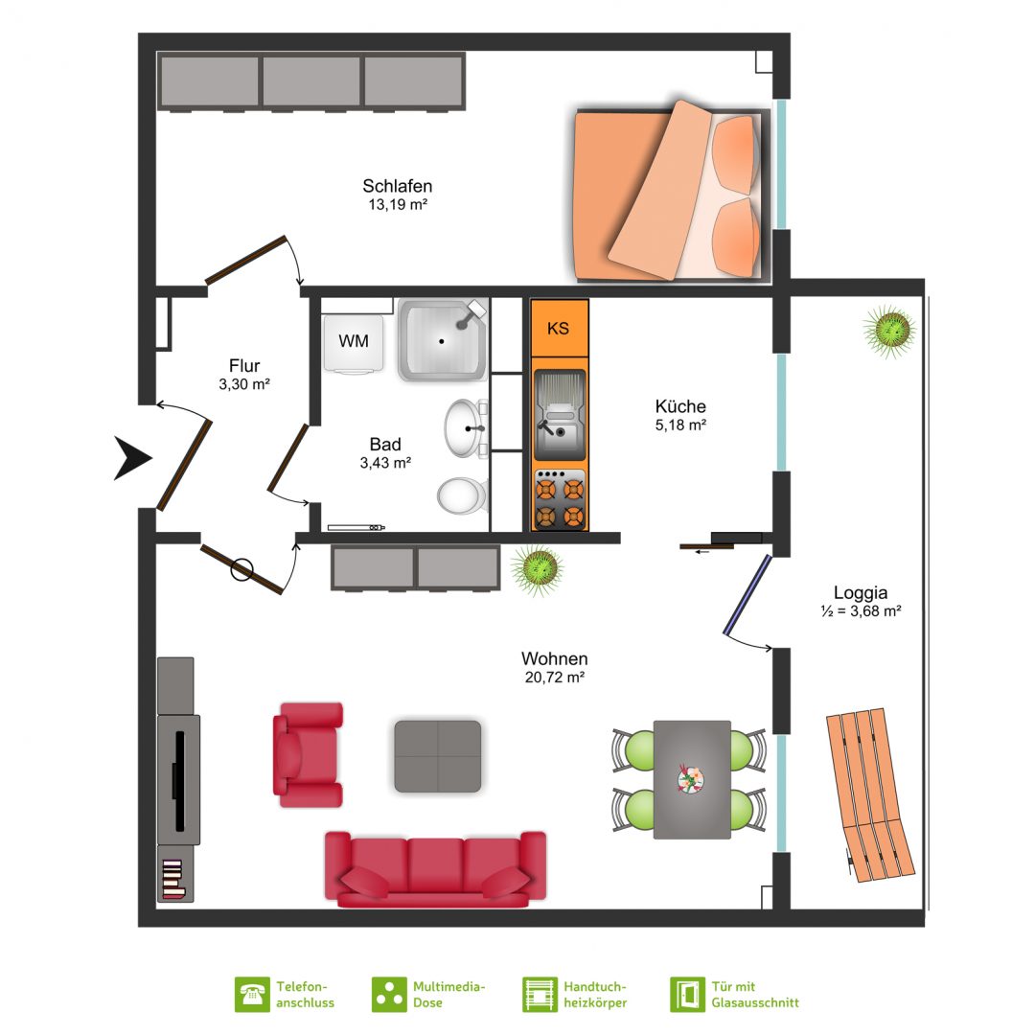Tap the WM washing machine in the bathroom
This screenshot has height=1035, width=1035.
[354, 343]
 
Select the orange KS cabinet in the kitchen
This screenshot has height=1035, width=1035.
[559, 328]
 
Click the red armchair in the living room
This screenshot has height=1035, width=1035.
[309, 754]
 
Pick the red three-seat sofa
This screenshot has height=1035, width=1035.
[436, 868]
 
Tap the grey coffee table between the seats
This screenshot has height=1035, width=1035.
[438, 756]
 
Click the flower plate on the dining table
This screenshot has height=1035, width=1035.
[690, 779]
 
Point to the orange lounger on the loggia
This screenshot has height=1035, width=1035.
[870, 794]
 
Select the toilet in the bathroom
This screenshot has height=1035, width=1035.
[463, 495]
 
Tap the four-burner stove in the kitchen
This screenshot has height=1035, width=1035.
[560, 499]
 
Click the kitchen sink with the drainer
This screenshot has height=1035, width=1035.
[560, 415]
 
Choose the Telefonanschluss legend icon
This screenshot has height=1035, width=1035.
[252, 995]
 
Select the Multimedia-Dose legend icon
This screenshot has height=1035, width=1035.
[389, 995]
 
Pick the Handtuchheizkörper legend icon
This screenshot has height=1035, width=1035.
[540, 995]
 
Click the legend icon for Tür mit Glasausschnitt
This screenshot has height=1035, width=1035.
[687, 995]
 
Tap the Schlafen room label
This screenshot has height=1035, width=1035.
[398, 186]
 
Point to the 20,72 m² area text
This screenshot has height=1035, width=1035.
[555, 678]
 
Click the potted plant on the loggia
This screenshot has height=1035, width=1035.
[889, 331]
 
